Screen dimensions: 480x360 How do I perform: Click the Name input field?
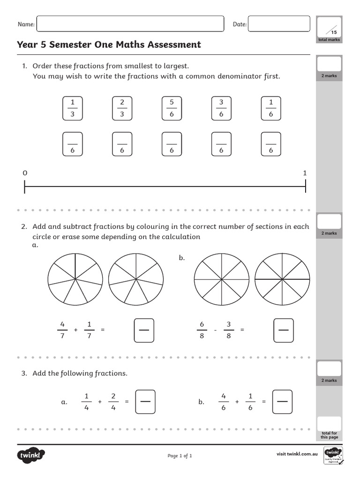(x=130, y=24)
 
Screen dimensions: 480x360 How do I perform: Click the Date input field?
(x=279, y=24)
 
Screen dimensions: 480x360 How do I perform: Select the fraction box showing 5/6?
(x=172, y=108)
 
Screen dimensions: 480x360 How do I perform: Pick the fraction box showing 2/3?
(x=122, y=108)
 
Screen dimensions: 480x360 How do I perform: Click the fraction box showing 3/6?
(x=221, y=108)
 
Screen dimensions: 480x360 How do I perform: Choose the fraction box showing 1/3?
(x=72, y=108)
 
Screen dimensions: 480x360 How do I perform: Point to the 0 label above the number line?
(x=25, y=173)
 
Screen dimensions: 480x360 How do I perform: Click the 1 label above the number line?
(x=305, y=173)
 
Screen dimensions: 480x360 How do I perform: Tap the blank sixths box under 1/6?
(x=271, y=144)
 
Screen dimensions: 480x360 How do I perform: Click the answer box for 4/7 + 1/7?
(x=144, y=330)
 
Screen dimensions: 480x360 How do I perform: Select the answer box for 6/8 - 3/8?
(x=283, y=330)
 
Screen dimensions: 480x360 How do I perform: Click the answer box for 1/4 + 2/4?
(x=145, y=402)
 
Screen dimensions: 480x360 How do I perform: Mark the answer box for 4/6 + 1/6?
(x=282, y=402)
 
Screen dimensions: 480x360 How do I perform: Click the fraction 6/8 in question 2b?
(x=202, y=330)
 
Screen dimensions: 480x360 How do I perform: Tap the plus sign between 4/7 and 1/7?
(x=75, y=330)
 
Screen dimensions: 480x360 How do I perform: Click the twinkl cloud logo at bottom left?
(x=31, y=455)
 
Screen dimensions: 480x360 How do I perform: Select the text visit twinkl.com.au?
(x=297, y=454)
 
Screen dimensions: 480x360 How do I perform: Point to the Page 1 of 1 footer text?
(x=180, y=456)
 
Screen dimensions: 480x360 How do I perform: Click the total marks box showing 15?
(x=329, y=26)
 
